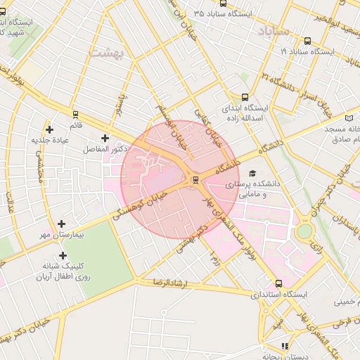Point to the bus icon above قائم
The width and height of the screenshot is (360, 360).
click(x=75, y=114)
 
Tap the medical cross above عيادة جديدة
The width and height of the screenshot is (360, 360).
click(x=49, y=129)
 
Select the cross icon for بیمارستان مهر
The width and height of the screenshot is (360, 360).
click(x=63, y=223)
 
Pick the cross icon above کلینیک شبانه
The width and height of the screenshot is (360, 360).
click(x=63, y=255)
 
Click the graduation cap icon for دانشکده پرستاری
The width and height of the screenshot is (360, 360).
click(x=252, y=174)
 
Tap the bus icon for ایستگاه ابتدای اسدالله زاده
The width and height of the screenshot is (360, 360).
click(x=245, y=97)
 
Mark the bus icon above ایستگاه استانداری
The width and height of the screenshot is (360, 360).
click(x=278, y=283)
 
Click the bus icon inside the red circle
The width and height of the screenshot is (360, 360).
click(x=195, y=179)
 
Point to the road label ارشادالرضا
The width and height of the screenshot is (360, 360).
click(x=172, y=283)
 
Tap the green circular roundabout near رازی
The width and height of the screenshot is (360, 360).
click(x=304, y=231)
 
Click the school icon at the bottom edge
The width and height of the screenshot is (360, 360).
click(x=285, y=347)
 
